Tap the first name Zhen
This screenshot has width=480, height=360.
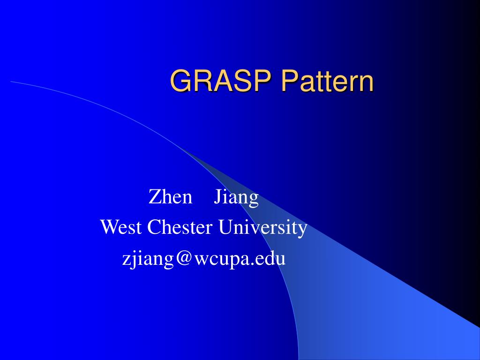coord(171,197)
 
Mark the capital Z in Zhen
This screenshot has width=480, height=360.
coord(154,197)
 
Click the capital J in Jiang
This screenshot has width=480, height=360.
coord(217,197)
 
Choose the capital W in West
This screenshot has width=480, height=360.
coord(108,228)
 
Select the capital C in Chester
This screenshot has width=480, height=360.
coord(154,228)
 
